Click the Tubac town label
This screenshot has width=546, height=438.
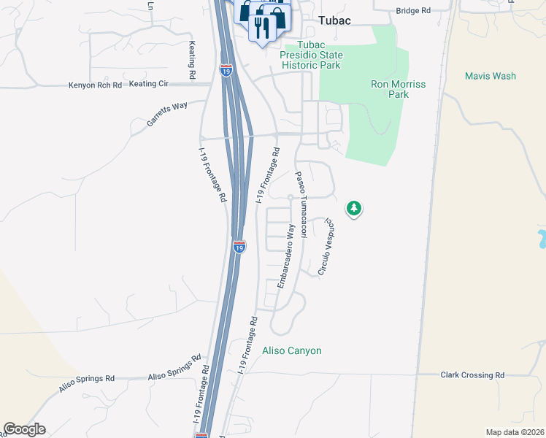[334, 20]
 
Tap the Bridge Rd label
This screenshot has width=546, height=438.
[413, 11]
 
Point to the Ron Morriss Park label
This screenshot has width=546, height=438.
[398, 89]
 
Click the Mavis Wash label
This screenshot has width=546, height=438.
[491, 76]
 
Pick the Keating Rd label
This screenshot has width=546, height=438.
[192, 60]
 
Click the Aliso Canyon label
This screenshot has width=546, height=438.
[291, 351]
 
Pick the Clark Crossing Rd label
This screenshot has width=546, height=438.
[472, 375]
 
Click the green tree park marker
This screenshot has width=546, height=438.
[354, 209]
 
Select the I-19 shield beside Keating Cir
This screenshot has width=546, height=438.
[226, 72]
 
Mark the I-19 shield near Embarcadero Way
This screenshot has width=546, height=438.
[239, 247]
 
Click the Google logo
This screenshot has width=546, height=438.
[24, 429]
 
